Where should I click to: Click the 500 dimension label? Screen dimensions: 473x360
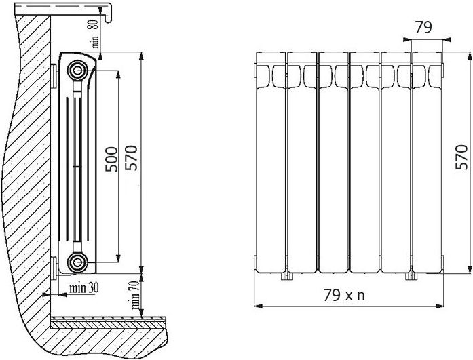tap(111, 159)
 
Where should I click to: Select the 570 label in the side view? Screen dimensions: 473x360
tap(131, 158)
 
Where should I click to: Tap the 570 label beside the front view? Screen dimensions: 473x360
tap(461, 157)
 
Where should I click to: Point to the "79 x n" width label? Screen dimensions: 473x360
tap(344, 295)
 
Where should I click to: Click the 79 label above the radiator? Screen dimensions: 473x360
tap(423, 27)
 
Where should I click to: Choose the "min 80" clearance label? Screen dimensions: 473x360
tap(94, 34)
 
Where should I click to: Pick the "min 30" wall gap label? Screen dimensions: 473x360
tap(84, 288)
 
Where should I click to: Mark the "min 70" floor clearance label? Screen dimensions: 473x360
tap(135, 295)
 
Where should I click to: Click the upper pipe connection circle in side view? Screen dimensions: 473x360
tap(77, 71)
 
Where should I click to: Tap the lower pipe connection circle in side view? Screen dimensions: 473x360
tap(77, 262)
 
